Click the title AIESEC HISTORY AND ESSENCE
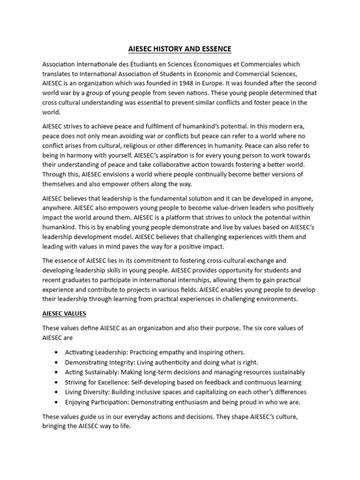(180, 49)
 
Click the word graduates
(79, 280)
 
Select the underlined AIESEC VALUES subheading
(64, 312)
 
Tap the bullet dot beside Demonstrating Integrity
(57, 362)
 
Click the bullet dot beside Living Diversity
(57, 392)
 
